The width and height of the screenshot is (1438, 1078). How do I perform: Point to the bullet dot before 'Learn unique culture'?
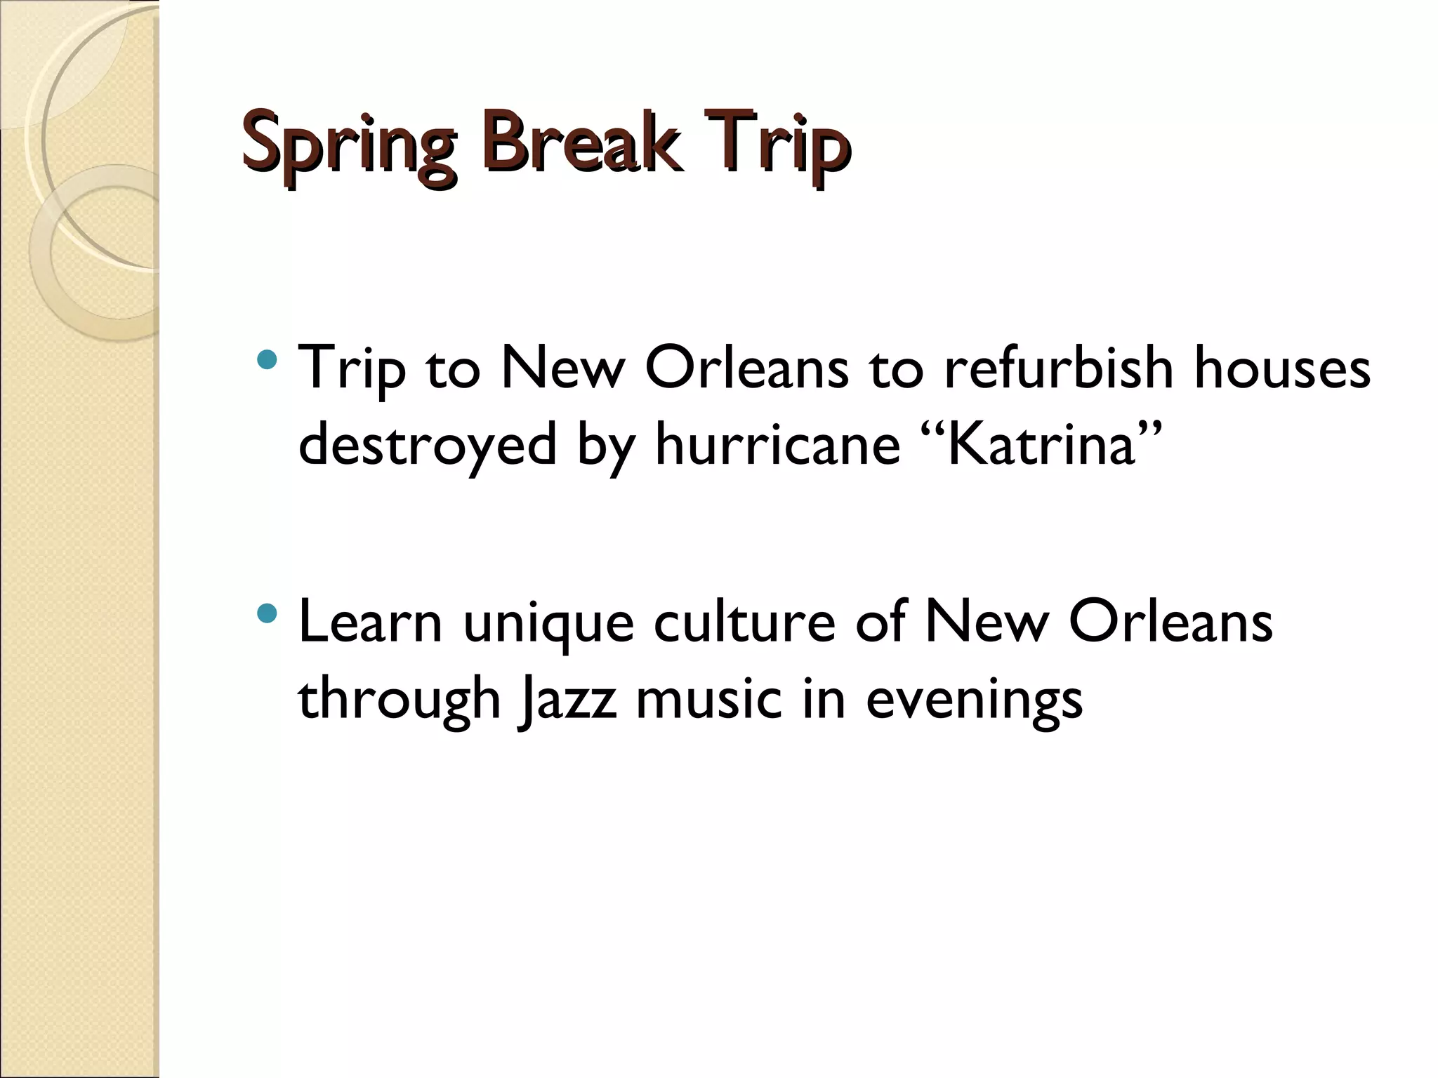click(x=267, y=615)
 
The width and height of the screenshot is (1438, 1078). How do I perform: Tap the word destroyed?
click(x=427, y=446)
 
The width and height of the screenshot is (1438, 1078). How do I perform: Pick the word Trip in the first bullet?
click(x=352, y=371)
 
